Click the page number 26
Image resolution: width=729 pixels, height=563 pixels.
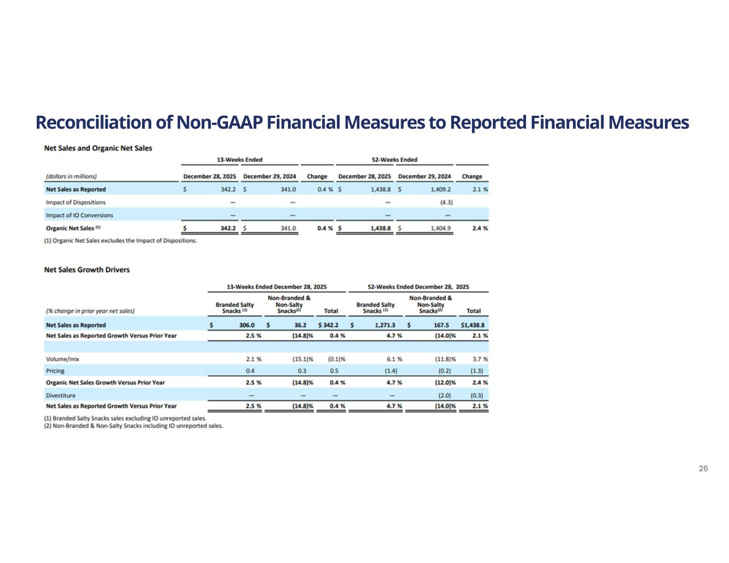703,469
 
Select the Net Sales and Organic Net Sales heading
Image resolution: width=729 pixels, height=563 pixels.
98,148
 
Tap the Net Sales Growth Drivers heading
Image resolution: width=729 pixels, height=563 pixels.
87,269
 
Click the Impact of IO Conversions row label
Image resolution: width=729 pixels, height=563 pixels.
80,215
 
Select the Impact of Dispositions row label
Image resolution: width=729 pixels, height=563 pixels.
76,202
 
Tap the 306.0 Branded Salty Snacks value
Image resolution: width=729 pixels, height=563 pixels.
247,325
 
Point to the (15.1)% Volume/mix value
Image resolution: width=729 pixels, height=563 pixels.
299,359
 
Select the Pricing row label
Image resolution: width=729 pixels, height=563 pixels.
56,370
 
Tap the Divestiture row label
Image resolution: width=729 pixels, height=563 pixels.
61,395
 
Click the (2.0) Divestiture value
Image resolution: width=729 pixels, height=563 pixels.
444,395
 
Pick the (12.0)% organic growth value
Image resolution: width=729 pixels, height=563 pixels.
445,383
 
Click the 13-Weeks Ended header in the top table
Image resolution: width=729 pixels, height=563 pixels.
239,160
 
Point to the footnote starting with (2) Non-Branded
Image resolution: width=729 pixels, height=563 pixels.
134,426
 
